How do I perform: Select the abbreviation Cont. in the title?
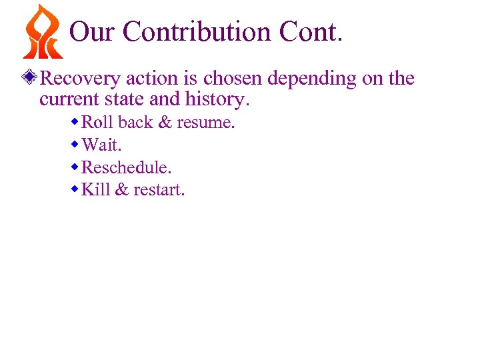click(x=311, y=31)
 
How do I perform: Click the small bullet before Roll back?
click(x=75, y=123)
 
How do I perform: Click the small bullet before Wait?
click(x=75, y=145)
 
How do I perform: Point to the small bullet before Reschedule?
click(x=75, y=167)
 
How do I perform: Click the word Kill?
click(x=95, y=190)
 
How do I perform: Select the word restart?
click(x=159, y=190)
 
